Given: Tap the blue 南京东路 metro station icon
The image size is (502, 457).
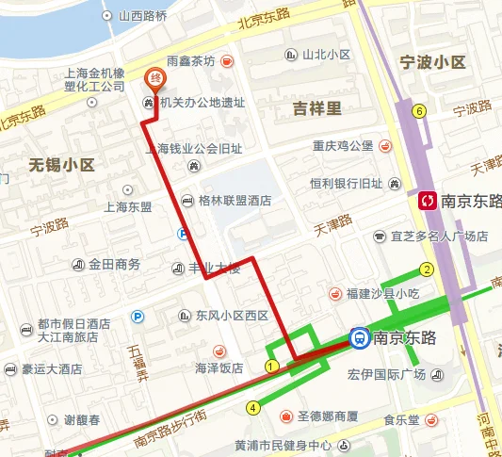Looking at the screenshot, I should click(360, 337).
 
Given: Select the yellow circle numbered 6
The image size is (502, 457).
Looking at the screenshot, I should click(418, 110).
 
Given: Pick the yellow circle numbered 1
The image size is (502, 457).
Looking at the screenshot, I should click(270, 366).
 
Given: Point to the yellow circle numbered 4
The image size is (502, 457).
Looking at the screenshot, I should click(252, 408).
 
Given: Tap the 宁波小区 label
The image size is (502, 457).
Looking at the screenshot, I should click(432, 63).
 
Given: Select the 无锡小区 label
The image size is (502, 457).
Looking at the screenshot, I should click(62, 165).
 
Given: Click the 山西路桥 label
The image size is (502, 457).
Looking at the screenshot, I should click(142, 16).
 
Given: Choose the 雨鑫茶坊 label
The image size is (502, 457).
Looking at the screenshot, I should click(192, 60).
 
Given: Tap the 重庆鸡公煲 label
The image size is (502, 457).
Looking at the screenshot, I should click(344, 146).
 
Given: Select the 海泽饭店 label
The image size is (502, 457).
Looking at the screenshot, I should click(219, 367).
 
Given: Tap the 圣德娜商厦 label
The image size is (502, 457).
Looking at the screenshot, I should click(327, 416).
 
